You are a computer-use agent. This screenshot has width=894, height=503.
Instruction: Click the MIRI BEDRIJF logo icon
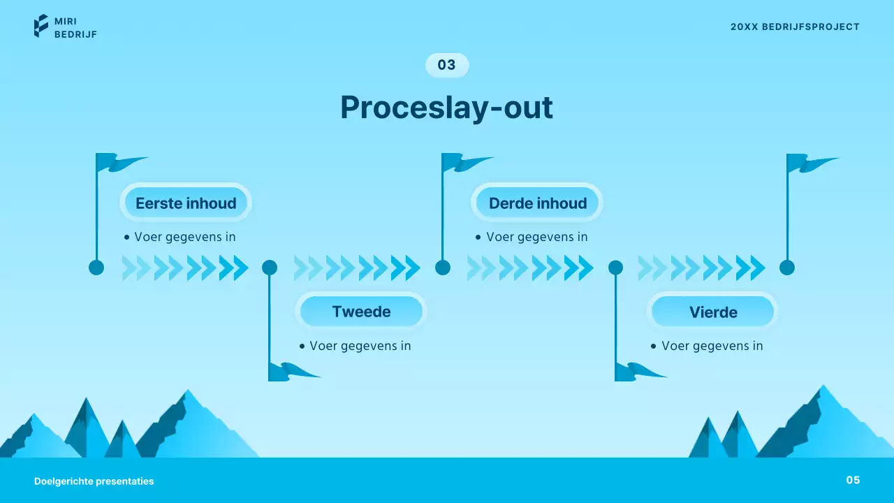click(x=41, y=26)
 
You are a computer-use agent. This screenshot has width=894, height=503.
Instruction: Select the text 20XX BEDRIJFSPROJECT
click(x=795, y=27)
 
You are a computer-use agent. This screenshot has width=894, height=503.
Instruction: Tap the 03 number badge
click(x=447, y=65)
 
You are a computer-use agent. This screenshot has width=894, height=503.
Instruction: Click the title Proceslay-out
click(x=446, y=108)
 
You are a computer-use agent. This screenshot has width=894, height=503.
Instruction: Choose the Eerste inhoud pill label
click(x=186, y=203)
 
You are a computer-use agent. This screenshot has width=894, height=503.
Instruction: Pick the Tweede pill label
click(x=361, y=312)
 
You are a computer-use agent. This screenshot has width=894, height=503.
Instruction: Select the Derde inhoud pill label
click(x=538, y=203)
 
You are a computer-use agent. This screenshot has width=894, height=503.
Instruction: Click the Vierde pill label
click(x=713, y=312)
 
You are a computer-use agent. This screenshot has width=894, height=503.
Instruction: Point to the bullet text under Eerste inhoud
click(x=184, y=237)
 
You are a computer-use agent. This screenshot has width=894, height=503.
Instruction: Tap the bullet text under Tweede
click(x=360, y=346)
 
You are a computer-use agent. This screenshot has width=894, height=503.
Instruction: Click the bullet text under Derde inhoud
click(x=536, y=237)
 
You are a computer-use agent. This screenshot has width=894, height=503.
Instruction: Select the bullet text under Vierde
click(x=712, y=346)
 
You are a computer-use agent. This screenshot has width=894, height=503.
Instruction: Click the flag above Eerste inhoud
click(x=119, y=163)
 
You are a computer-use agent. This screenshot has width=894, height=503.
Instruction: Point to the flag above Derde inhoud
click(x=464, y=163)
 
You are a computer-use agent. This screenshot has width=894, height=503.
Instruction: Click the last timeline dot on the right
click(x=787, y=268)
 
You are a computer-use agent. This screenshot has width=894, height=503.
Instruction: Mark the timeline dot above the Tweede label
click(x=270, y=268)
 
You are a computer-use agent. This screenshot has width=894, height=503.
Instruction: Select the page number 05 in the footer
click(x=853, y=480)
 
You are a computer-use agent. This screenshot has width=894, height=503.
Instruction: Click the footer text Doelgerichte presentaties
click(x=94, y=481)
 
